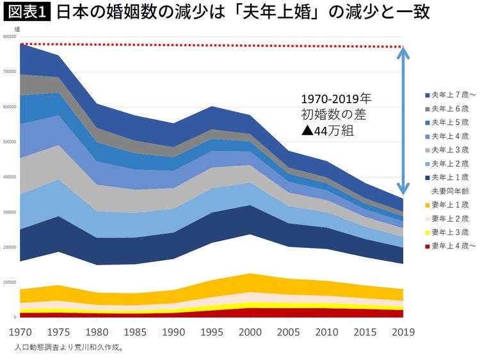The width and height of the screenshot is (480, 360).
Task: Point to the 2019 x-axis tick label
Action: (403, 332)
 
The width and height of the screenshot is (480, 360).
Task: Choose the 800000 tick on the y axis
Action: (9, 37)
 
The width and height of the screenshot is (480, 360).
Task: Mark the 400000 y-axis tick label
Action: (9, 177)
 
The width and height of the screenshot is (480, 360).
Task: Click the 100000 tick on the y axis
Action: (9, 282)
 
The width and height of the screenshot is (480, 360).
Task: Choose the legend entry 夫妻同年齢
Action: (449, 191)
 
